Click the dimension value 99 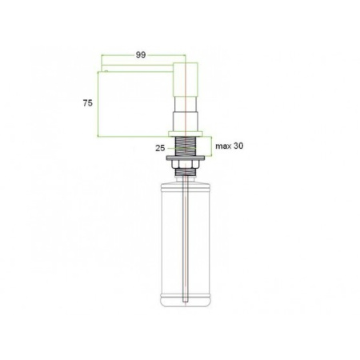141,55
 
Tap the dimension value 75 88,102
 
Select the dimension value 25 160,148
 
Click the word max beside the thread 223,146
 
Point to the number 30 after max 238,146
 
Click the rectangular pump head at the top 186,79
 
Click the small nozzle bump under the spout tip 106,71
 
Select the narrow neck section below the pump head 186,104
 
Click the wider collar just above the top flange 186,122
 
